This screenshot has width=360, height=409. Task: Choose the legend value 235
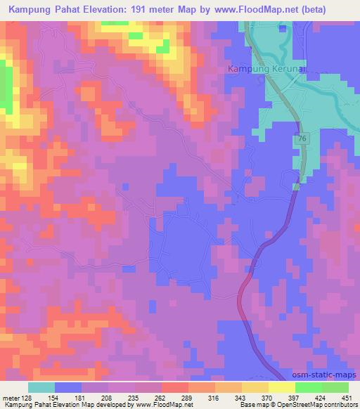pyautogui.click(x=140, y=398)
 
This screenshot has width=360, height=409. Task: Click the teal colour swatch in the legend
pyautogui.click(x=41, y=387)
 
